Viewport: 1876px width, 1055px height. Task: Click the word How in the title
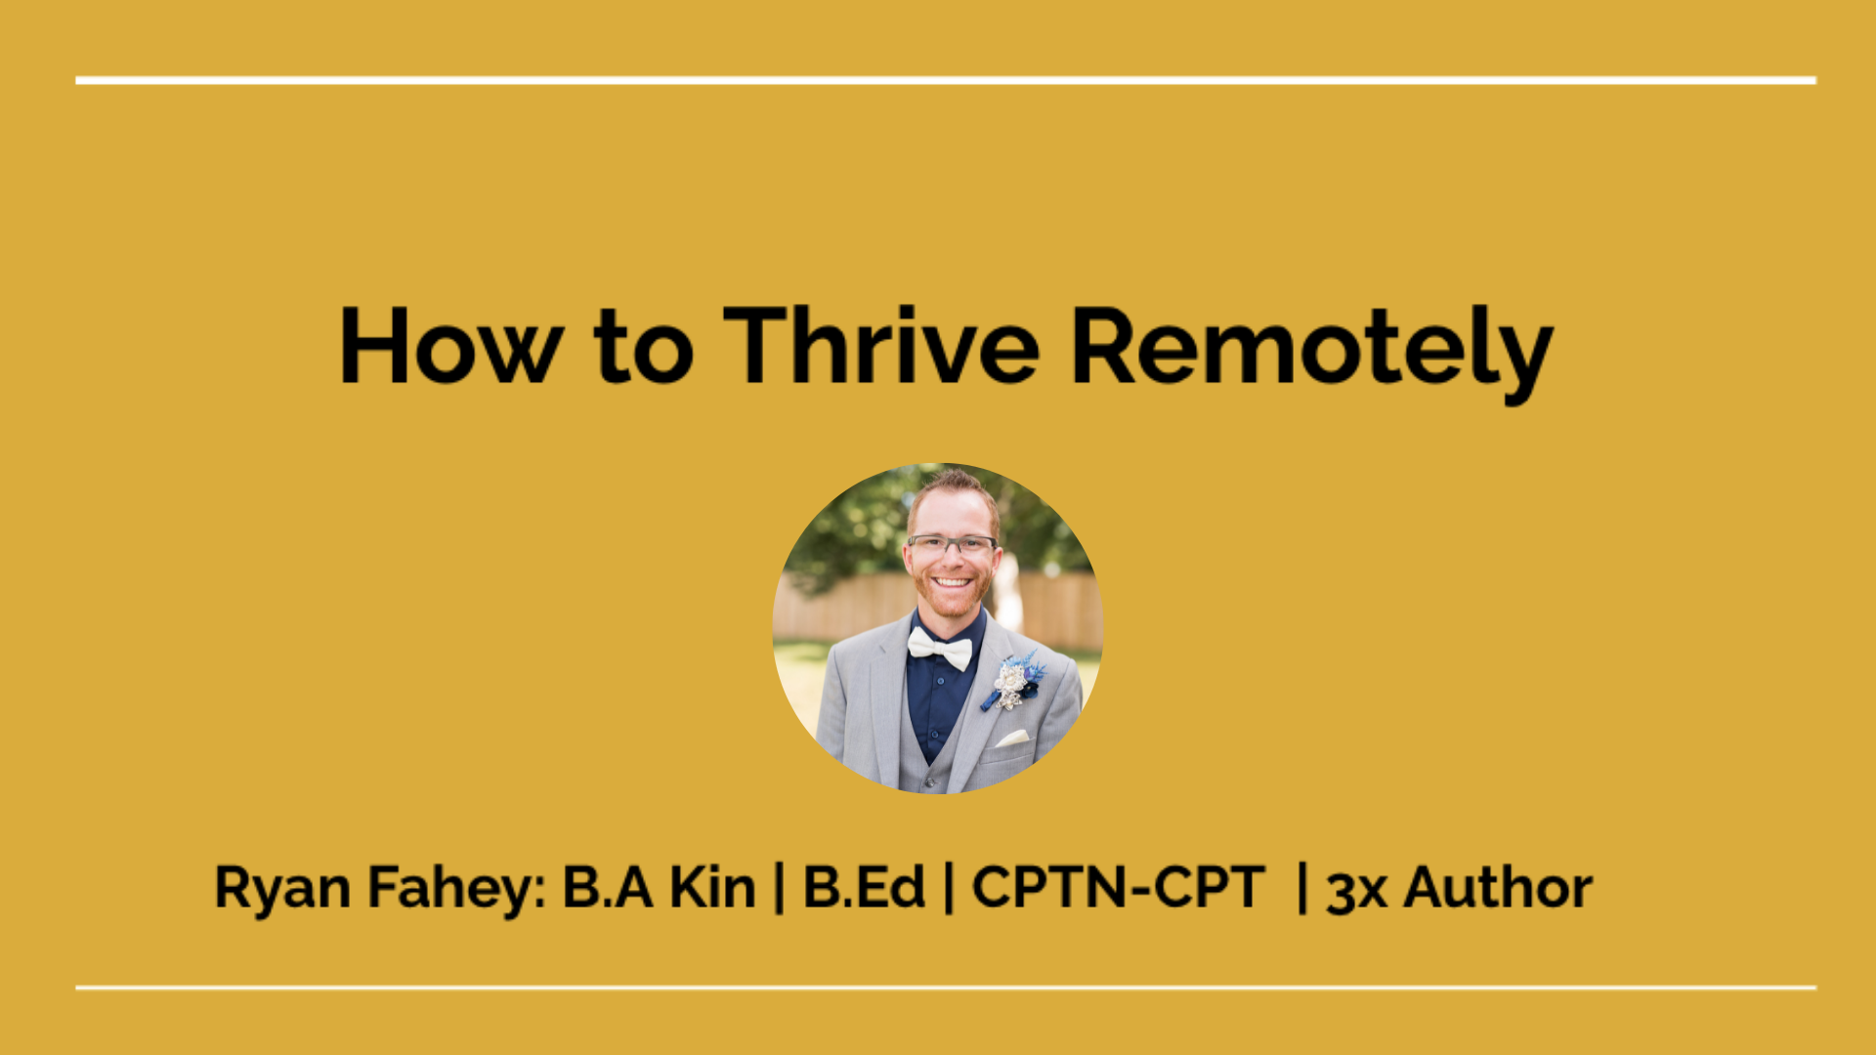pos(450,346)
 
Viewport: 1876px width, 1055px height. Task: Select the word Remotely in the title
pos(1312,352)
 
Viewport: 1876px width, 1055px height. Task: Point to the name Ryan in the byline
pos(282,890)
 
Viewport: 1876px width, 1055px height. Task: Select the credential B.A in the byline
pos(607,887)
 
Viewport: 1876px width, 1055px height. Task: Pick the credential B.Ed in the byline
pos(864,887)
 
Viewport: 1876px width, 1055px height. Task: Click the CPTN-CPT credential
pos(1119,887)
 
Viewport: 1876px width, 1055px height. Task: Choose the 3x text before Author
pos(1356,890)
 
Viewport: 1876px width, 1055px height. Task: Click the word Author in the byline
pos(1498,887)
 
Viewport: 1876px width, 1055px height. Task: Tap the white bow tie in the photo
pos(940,648)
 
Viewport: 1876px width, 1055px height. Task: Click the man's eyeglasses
pos(952,545)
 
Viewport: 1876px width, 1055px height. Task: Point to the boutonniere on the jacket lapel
pos(1014,682)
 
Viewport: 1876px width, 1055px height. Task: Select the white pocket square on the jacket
pos(1011,738)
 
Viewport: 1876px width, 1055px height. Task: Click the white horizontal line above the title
pos(946,80)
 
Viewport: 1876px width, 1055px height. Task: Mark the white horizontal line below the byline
pos(946,988)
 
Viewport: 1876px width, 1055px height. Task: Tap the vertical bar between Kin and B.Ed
pos(779,887)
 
